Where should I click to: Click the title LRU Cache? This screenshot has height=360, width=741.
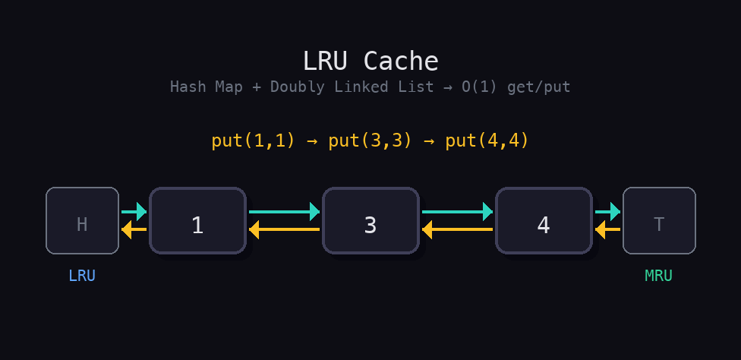(x=370, y=61)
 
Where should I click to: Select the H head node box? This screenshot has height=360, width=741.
(x=82, y=221)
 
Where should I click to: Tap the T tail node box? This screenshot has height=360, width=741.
(x=659, y=221)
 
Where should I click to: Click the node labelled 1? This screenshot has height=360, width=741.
(x=197, y=221)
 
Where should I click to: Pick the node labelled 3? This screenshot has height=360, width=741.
(x=370, y=221)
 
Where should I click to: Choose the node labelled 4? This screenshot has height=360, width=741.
(x=544, y=221)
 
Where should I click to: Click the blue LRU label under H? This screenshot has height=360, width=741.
(x=82, y=276)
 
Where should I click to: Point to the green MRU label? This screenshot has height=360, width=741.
(x=658, y=276)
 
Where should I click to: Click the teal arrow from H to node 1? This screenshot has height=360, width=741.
(x=134, y=212)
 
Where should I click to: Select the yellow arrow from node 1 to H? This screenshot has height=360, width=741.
(x=134, y=229)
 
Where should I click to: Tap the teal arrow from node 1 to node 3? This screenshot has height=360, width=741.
(x=284, y=212)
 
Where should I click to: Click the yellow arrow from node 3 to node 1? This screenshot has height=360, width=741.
(x=284, y=229)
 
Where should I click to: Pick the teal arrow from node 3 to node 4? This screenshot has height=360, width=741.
(x=457, y=212)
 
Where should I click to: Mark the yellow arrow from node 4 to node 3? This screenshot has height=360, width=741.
(x=457, y=229)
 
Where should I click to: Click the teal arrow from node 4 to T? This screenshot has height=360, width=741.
(x=607, y=212)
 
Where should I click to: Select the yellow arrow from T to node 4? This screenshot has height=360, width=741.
(x=607, y=229)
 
